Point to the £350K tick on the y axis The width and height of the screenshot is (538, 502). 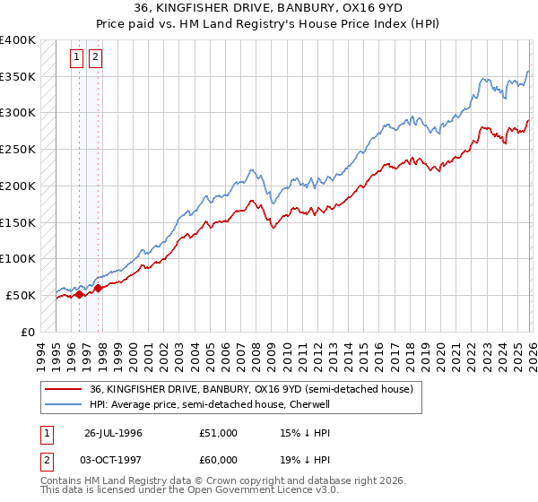[x=18, y=77]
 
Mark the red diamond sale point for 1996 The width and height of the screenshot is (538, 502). [x=80, y=294]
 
